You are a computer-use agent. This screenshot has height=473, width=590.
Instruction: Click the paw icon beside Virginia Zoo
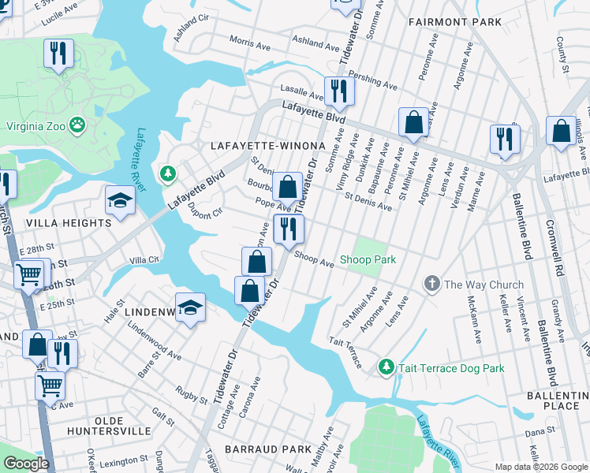coord(77,124)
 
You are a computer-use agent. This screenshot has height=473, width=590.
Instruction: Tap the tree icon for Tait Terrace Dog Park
coord(386,367)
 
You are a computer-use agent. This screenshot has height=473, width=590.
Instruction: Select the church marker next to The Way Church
coord(431,284)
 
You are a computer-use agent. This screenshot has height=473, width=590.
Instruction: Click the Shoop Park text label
coord(368,259)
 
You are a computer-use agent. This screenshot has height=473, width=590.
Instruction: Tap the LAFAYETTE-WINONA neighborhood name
coord(268,147)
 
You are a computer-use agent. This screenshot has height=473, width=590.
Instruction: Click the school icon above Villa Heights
coord(120,200)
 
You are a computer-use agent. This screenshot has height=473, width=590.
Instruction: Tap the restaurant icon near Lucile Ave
coord(58,54)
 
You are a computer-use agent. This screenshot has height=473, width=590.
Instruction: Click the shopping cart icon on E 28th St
coord(30,274)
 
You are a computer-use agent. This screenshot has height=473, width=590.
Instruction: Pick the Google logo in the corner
coord(26,464)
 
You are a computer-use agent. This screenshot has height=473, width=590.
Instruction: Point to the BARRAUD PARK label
coord(268,449)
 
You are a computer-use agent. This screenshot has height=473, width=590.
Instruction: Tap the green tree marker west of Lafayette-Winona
coord(167,172)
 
